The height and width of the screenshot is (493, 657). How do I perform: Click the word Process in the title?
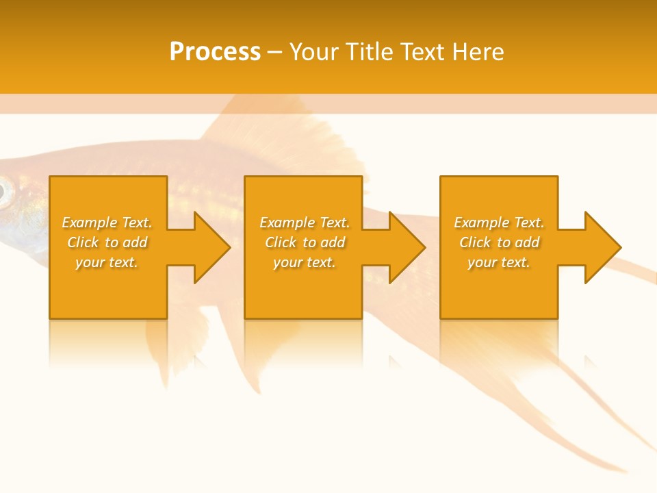[x=215, y=52]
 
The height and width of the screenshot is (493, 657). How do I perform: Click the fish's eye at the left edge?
[x=3, y=192]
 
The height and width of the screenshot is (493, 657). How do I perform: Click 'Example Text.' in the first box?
[x=107, y=223]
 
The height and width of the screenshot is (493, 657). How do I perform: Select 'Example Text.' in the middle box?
[x=304, y=223]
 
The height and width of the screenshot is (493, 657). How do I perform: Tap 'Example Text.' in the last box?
[x=499, y=223]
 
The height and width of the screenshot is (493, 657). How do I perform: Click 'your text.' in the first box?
[x=107, y=262]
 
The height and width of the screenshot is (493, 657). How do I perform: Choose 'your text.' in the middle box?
[x=304, y=262]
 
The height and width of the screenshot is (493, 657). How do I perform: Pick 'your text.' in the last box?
[x=499, y=262]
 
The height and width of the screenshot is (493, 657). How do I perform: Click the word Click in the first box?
[x=83, y=242]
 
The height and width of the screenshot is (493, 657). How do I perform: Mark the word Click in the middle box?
[x=281, y=242]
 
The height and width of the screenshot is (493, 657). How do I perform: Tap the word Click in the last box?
[x=475, y=242]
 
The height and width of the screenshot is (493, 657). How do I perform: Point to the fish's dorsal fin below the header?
[x=274, y=137]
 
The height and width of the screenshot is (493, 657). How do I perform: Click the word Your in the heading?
[x=313, y=52]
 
